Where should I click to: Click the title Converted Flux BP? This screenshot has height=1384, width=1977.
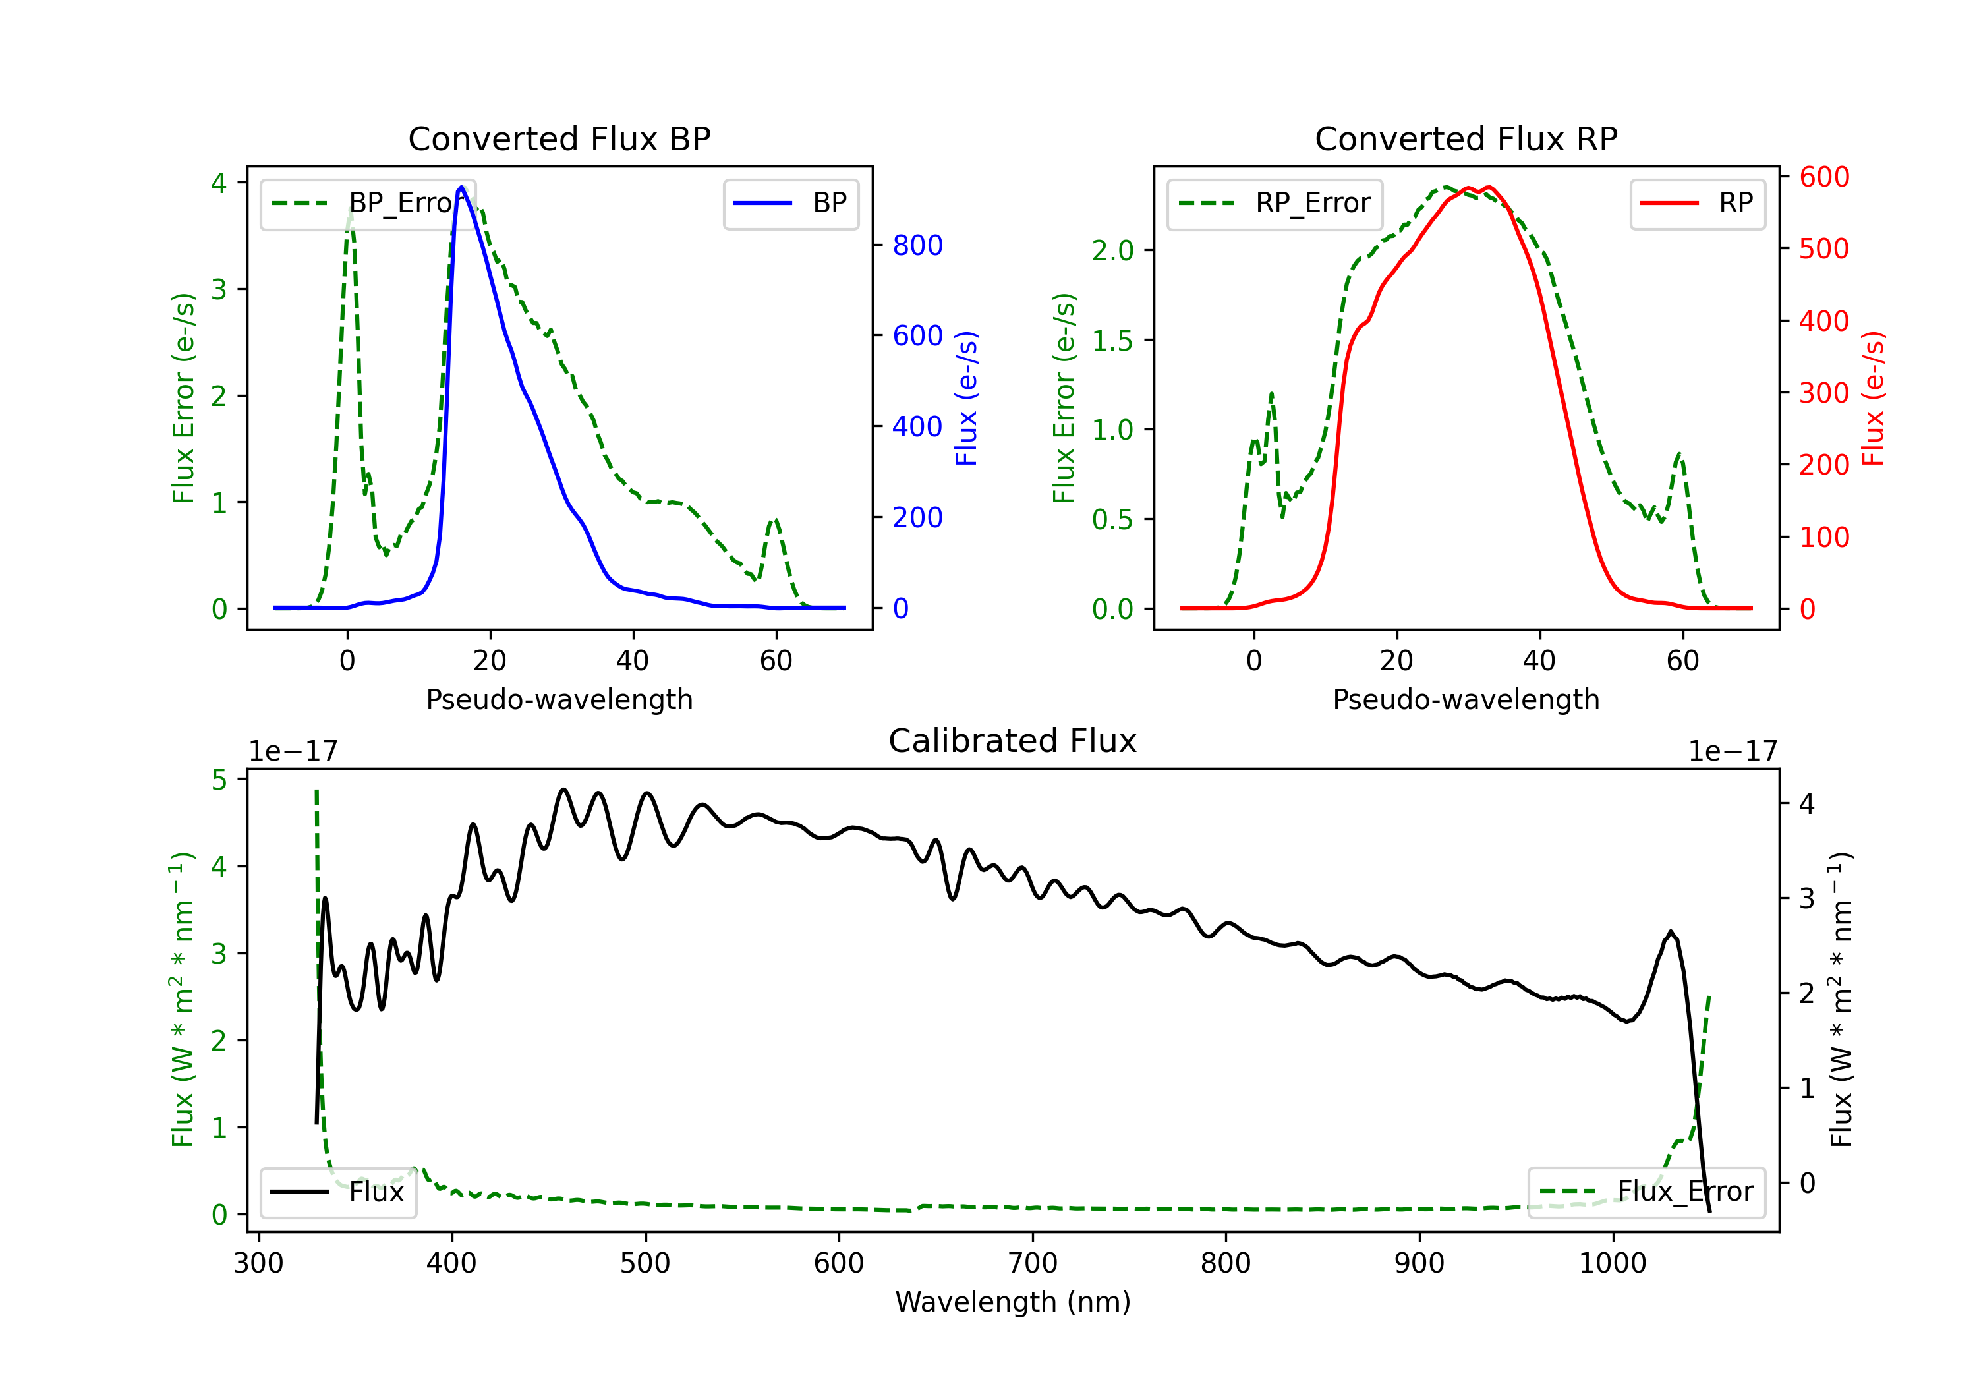pos(559,138)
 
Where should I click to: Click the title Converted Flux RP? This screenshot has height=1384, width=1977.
pos(1466,138)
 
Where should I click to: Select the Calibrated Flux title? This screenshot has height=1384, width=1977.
pos(1013,741)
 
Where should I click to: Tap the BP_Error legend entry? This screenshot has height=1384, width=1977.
pos(368,203)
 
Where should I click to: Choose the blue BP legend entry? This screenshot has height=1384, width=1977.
pos(790,203)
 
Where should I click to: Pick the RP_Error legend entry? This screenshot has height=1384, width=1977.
pos(1275,203)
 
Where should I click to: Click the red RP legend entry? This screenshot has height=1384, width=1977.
pos(1697,203)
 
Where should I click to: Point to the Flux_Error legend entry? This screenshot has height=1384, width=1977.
pos(1646,1192)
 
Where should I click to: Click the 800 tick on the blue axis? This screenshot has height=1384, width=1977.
pos(918,245)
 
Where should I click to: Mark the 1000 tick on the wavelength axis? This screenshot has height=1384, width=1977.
pos(1612,1263)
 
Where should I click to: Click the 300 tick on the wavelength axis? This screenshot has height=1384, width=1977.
pos(258,1263)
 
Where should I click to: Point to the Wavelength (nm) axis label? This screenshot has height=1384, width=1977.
pos(1013,1302)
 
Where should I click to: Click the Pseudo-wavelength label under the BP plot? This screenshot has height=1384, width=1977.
pos(559,699)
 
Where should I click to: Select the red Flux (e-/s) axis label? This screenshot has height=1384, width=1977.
pos(1874,399)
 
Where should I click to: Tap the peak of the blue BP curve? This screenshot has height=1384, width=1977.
pos(461,187)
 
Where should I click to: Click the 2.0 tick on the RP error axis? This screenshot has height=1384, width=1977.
pos(1112,250)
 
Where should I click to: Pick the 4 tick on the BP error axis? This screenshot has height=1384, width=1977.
pos(219,183)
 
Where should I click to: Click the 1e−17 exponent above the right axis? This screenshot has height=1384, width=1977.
pos(1733,751)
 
